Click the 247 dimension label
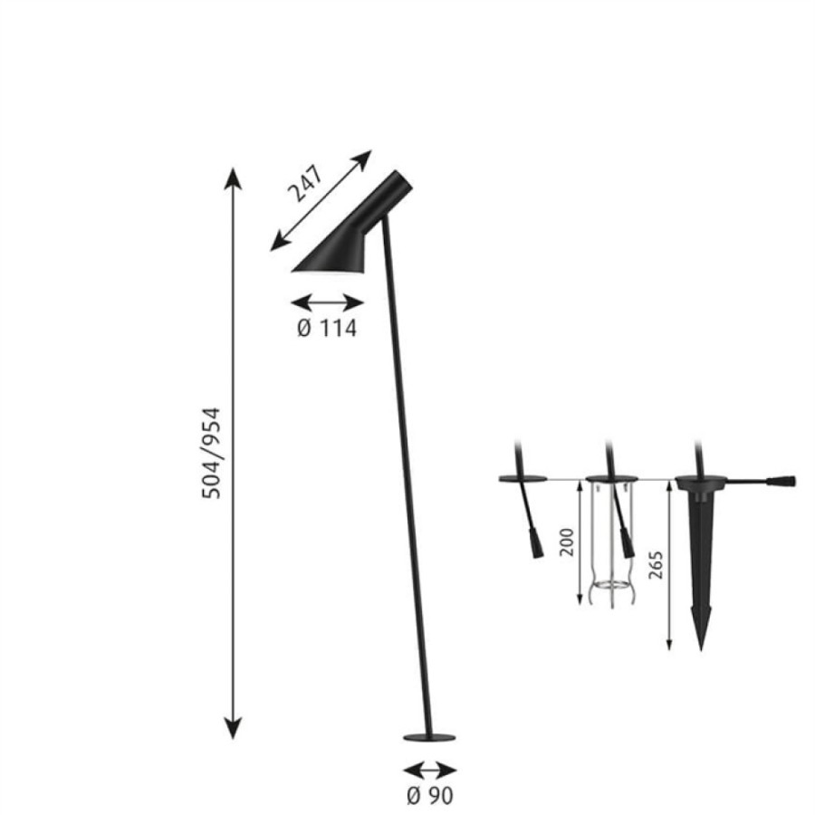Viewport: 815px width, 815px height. click(306, 184)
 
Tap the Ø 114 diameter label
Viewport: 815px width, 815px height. click(327, 329)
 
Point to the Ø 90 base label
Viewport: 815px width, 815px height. click(430, 795)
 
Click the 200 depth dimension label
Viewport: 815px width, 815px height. click(567, 542)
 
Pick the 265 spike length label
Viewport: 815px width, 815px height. click(656, 565)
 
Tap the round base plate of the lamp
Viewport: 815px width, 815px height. click(430, 737)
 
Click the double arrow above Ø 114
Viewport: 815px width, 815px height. click(327, 302)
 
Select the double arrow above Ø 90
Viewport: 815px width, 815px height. click(430, 770)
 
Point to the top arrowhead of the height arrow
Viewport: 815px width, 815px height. click(233, 178)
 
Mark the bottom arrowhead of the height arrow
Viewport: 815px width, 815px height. click(233, 727)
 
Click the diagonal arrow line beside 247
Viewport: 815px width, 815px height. click(321, 201)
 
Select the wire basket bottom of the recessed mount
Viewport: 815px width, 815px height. click(612, 591)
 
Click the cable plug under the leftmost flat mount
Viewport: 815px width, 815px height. click(536, 542)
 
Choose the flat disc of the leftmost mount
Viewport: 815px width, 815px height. click(523, 479)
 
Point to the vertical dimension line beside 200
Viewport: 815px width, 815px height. click(580, 542)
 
